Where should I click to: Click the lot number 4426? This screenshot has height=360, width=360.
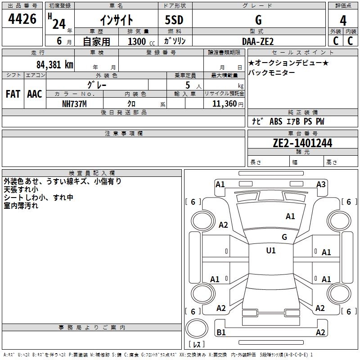[22, 19]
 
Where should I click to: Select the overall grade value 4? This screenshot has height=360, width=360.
[343, 21]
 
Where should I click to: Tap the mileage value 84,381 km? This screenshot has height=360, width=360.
[55, 65]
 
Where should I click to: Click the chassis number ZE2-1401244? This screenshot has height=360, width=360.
[302, 143]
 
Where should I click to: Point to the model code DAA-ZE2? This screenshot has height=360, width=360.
[258, 41]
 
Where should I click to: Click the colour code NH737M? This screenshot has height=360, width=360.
[74, 104]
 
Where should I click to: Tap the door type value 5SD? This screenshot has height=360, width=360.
[174, 20]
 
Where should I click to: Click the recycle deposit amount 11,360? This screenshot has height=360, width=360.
[225, 104]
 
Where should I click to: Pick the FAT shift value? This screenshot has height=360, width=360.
[13, 94]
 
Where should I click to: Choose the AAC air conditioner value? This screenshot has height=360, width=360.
[35, 94]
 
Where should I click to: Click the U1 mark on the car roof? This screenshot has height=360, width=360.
[271, 251]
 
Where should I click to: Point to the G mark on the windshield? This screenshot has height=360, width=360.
[284, 237]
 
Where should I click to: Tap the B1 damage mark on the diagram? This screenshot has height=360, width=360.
[221, 332]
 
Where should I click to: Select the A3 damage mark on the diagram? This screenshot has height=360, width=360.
[321, 184]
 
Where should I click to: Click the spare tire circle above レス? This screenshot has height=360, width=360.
[197, 328]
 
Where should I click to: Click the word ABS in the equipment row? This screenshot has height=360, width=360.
[276, 121]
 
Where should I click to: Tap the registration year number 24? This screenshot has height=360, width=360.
[59, 24]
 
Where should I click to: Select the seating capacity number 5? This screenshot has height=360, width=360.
[188, 85]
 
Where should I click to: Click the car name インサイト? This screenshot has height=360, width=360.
[117, 20]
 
